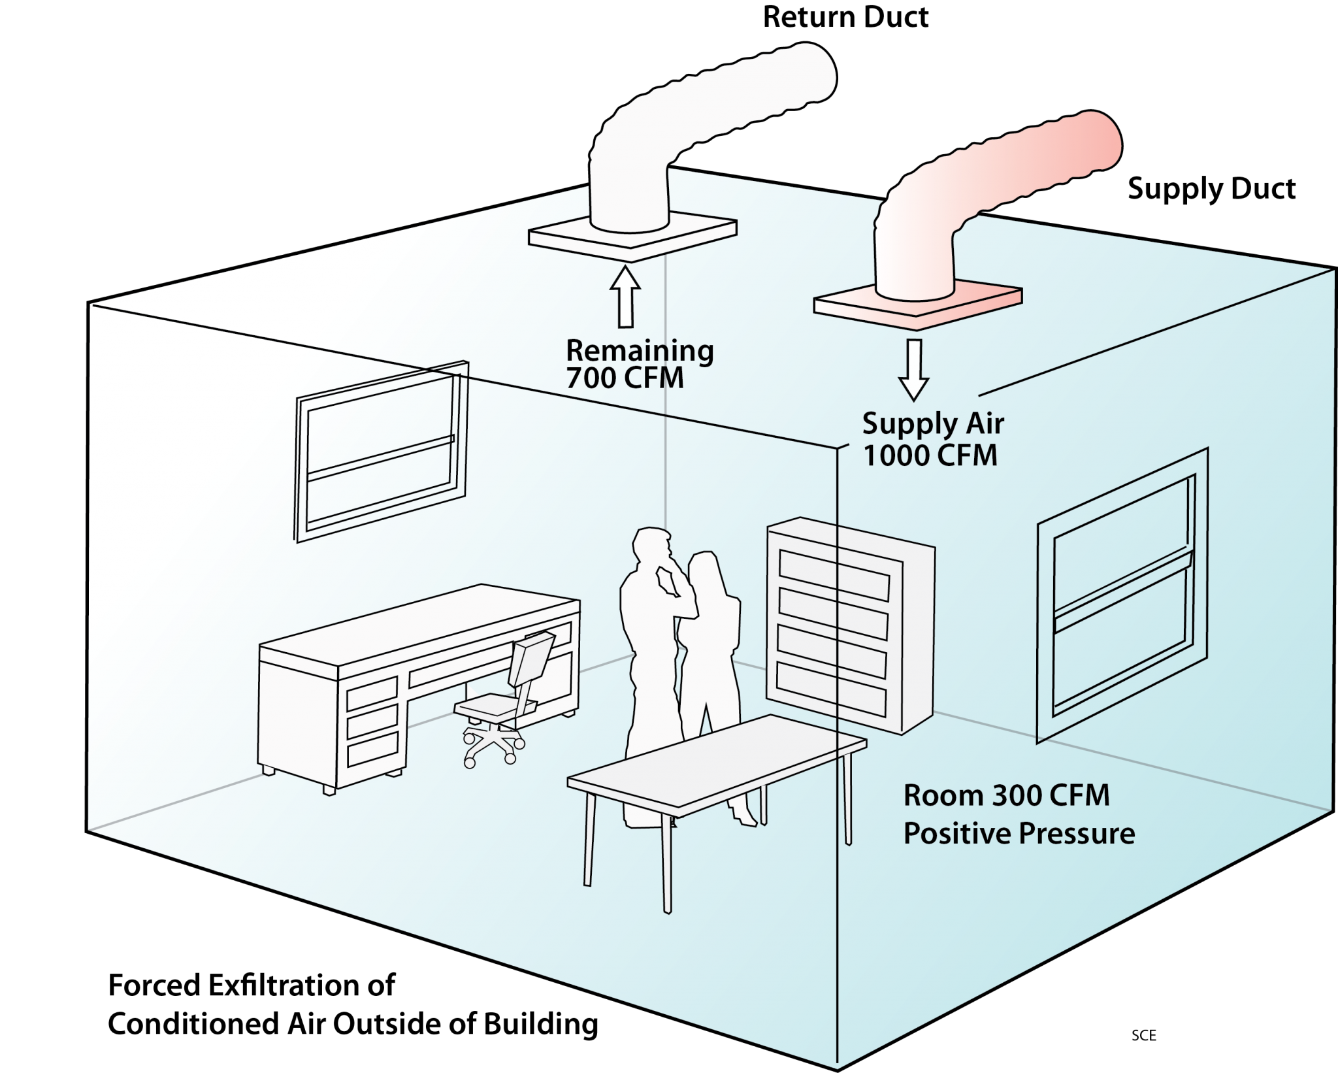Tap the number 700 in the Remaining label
[587, 378]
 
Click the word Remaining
[640, 351]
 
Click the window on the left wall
[381, 451]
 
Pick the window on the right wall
[1122, 595]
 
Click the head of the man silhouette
[651, 544]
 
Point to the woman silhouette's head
[704, 568]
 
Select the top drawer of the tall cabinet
[834, 574]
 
